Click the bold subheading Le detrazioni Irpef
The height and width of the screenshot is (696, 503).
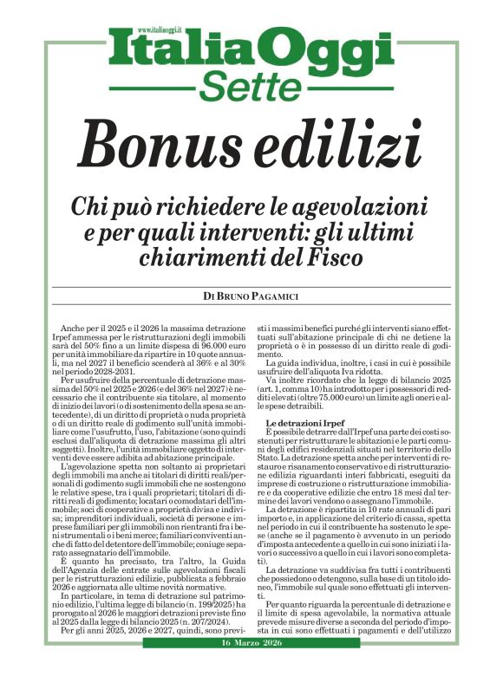[x=301, y=421]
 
